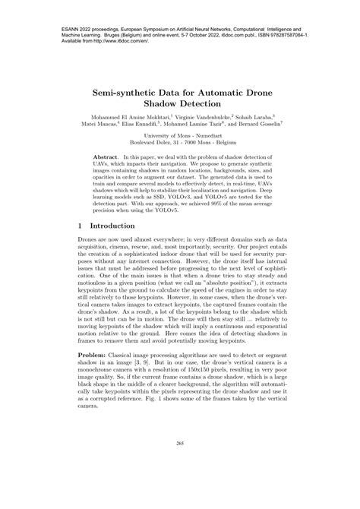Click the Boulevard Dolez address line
click(180, 150)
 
